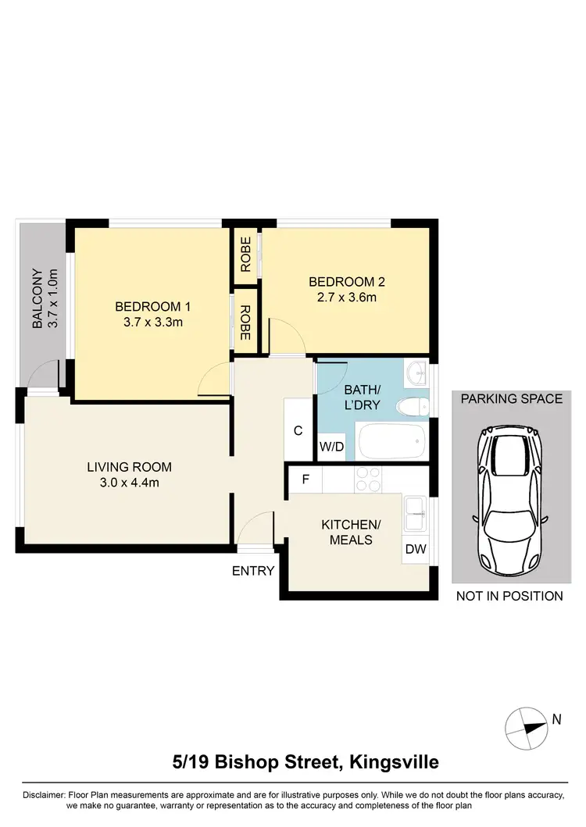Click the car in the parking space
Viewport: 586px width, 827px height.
coord(511,498)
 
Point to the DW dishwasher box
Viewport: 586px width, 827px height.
coord(416,549)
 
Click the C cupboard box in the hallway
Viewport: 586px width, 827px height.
coord(298,430)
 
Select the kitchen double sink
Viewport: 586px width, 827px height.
coord(414,513)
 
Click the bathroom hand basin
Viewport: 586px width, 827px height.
coord(416,373)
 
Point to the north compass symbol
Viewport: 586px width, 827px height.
coord(525,726)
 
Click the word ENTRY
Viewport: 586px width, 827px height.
coord(253,571)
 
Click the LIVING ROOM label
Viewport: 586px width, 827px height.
coord(129,467)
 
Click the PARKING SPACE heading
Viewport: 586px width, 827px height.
coord(511,398)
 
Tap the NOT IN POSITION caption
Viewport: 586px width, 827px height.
coord(509,596)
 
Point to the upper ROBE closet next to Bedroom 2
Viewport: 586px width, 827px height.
coord(245,255)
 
